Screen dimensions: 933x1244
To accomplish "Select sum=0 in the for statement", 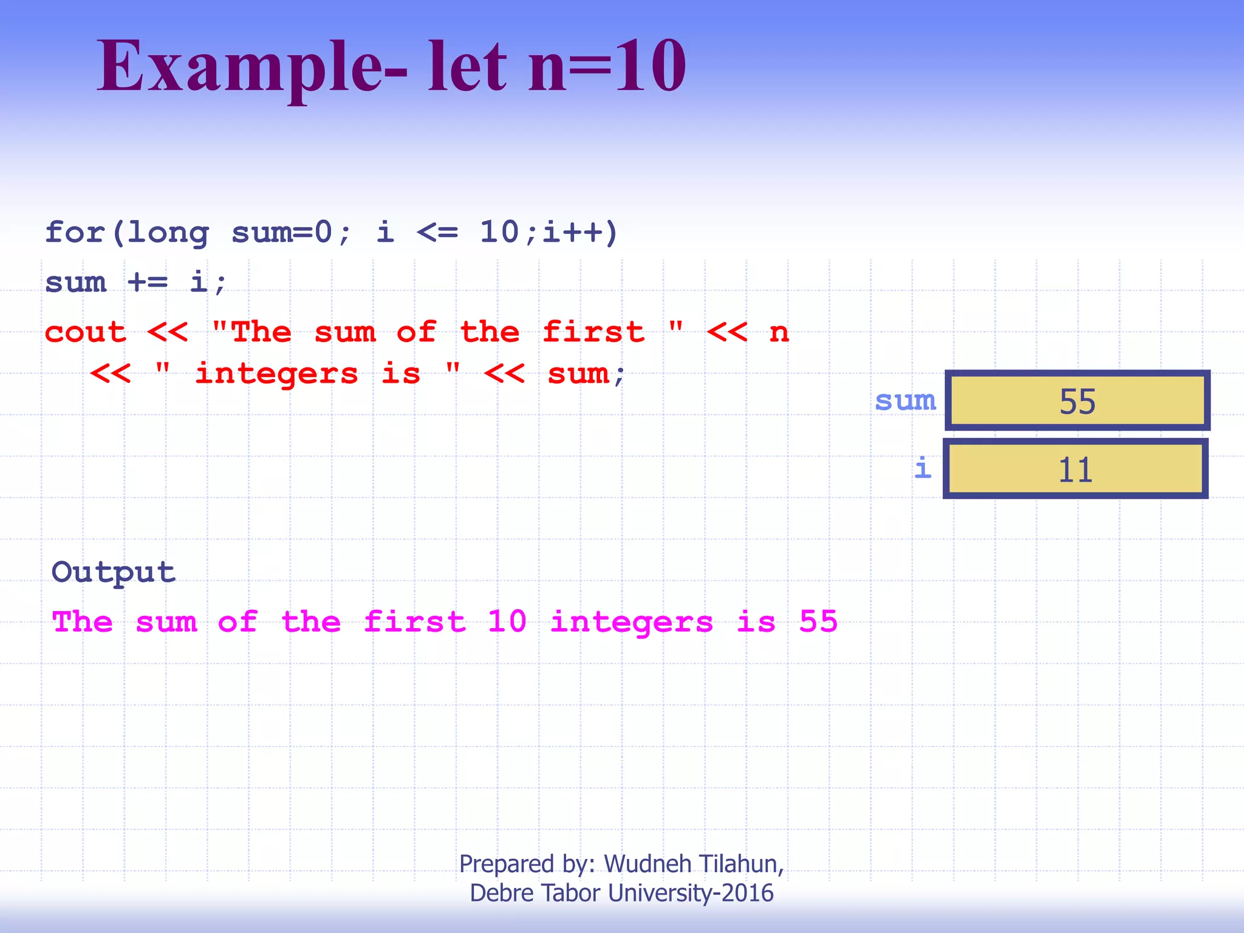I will [282, 233].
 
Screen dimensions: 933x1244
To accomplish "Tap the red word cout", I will [86, 332].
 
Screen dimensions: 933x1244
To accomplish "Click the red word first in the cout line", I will [593, 332].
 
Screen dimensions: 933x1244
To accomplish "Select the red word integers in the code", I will [276, 374].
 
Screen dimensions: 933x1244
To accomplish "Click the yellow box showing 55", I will [1077, 401].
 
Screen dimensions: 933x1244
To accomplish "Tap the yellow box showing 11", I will [1075, 469].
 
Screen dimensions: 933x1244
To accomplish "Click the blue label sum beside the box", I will [905, 401].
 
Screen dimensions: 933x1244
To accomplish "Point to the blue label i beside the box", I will [923, 468].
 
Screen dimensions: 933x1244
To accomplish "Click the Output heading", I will [114, 572].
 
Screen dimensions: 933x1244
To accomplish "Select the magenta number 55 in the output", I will [818, 621].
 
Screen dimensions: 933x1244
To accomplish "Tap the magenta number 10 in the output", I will [507, 621].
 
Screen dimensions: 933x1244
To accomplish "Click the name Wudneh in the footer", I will [648, 864].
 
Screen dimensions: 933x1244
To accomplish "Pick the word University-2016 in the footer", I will [691, 893].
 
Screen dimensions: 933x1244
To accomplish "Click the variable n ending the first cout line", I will [779, 333].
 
